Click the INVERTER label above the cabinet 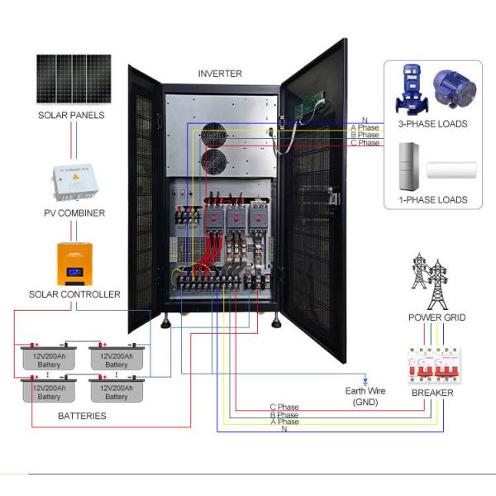(220, 74)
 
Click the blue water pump (410, 89)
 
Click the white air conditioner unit (451, 170)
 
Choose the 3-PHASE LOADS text (432, 124)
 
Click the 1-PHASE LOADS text (432, 199)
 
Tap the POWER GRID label (436, 317)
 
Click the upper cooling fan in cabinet (213, 136)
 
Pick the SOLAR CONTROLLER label (74, 294)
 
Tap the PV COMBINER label (74, 213)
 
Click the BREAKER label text (432, 393)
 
